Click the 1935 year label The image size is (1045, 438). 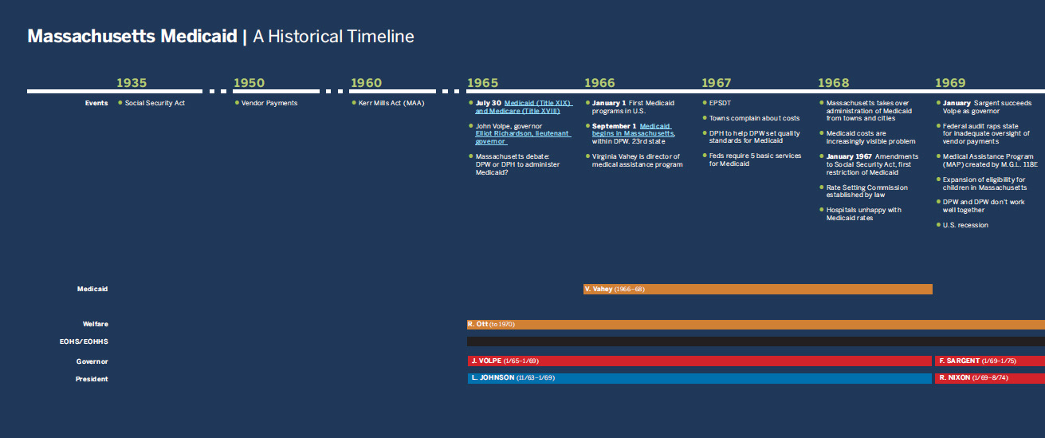coord(132,83)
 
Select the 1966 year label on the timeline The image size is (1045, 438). coord(599,83)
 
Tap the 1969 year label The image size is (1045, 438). coord(950,83)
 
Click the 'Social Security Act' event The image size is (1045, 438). coord(155,103)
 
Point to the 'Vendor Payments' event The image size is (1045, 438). coord(269,103)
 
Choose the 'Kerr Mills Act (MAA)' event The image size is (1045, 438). coord(391,103)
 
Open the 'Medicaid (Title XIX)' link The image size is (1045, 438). coord(537,103)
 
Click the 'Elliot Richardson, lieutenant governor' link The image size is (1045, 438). coord(523,137)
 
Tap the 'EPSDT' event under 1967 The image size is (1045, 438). coord(720,103)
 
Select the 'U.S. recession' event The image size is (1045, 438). coord(965,225)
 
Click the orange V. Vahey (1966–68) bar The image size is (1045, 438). coord(757,289)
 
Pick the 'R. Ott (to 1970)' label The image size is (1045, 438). coord(491,324)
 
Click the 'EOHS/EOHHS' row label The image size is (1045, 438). coord(84,341)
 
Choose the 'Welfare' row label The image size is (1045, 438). coord(95,324)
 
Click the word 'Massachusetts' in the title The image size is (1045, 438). coord(91,37)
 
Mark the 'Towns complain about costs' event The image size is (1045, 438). coord(754,118)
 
